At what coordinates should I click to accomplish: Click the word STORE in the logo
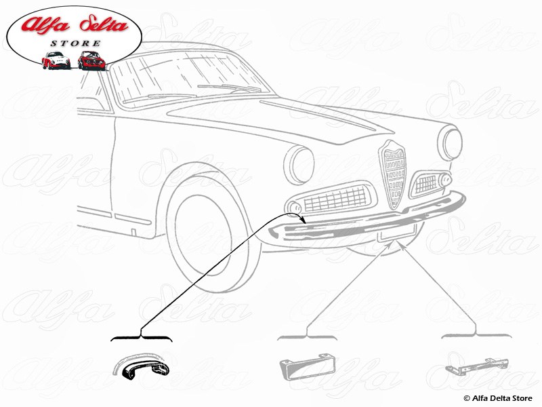click(76, 43)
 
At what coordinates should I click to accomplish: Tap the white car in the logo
click(56, 60)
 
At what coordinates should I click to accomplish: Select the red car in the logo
click(91, 60)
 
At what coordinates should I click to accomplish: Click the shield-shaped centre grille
click(392, 174)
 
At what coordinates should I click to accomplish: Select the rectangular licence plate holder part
click(307, 367)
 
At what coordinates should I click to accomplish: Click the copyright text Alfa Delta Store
click(498, 398)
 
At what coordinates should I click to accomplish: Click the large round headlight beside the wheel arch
click(299, 165)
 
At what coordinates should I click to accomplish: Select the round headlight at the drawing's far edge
click(450, 142)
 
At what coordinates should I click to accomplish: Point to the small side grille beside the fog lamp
click(426, 183)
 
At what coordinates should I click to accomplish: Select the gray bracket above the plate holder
click(307, 336)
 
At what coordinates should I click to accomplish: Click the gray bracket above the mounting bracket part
click(476, 335)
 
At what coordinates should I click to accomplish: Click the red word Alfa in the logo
click(45, 25)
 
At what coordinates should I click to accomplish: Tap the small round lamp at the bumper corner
click(295, 208)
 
